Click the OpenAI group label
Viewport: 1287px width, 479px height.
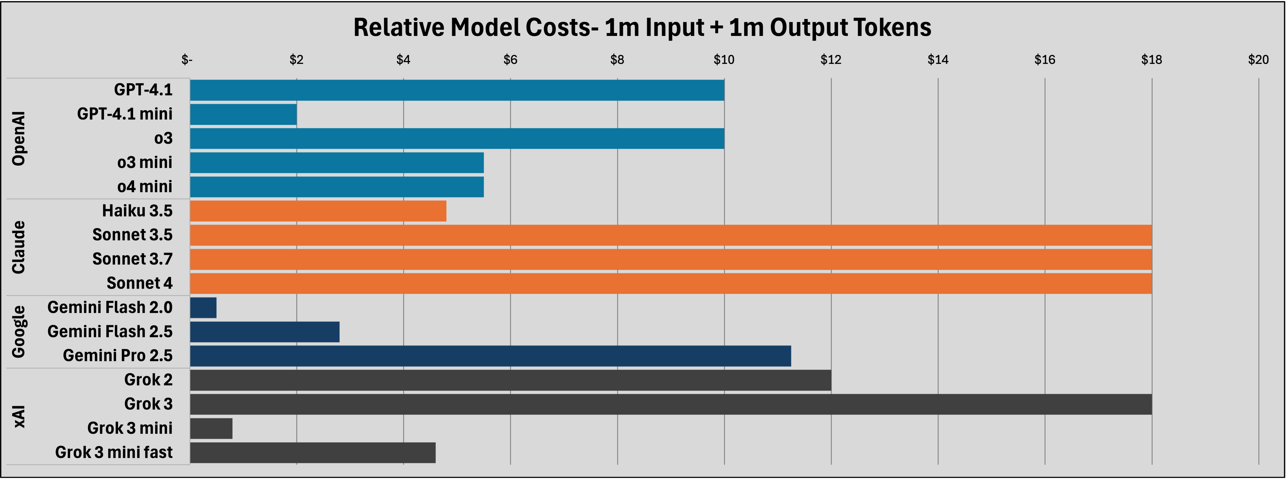(x=18, y=138)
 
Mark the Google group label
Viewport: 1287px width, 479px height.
(x=18, y=332)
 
